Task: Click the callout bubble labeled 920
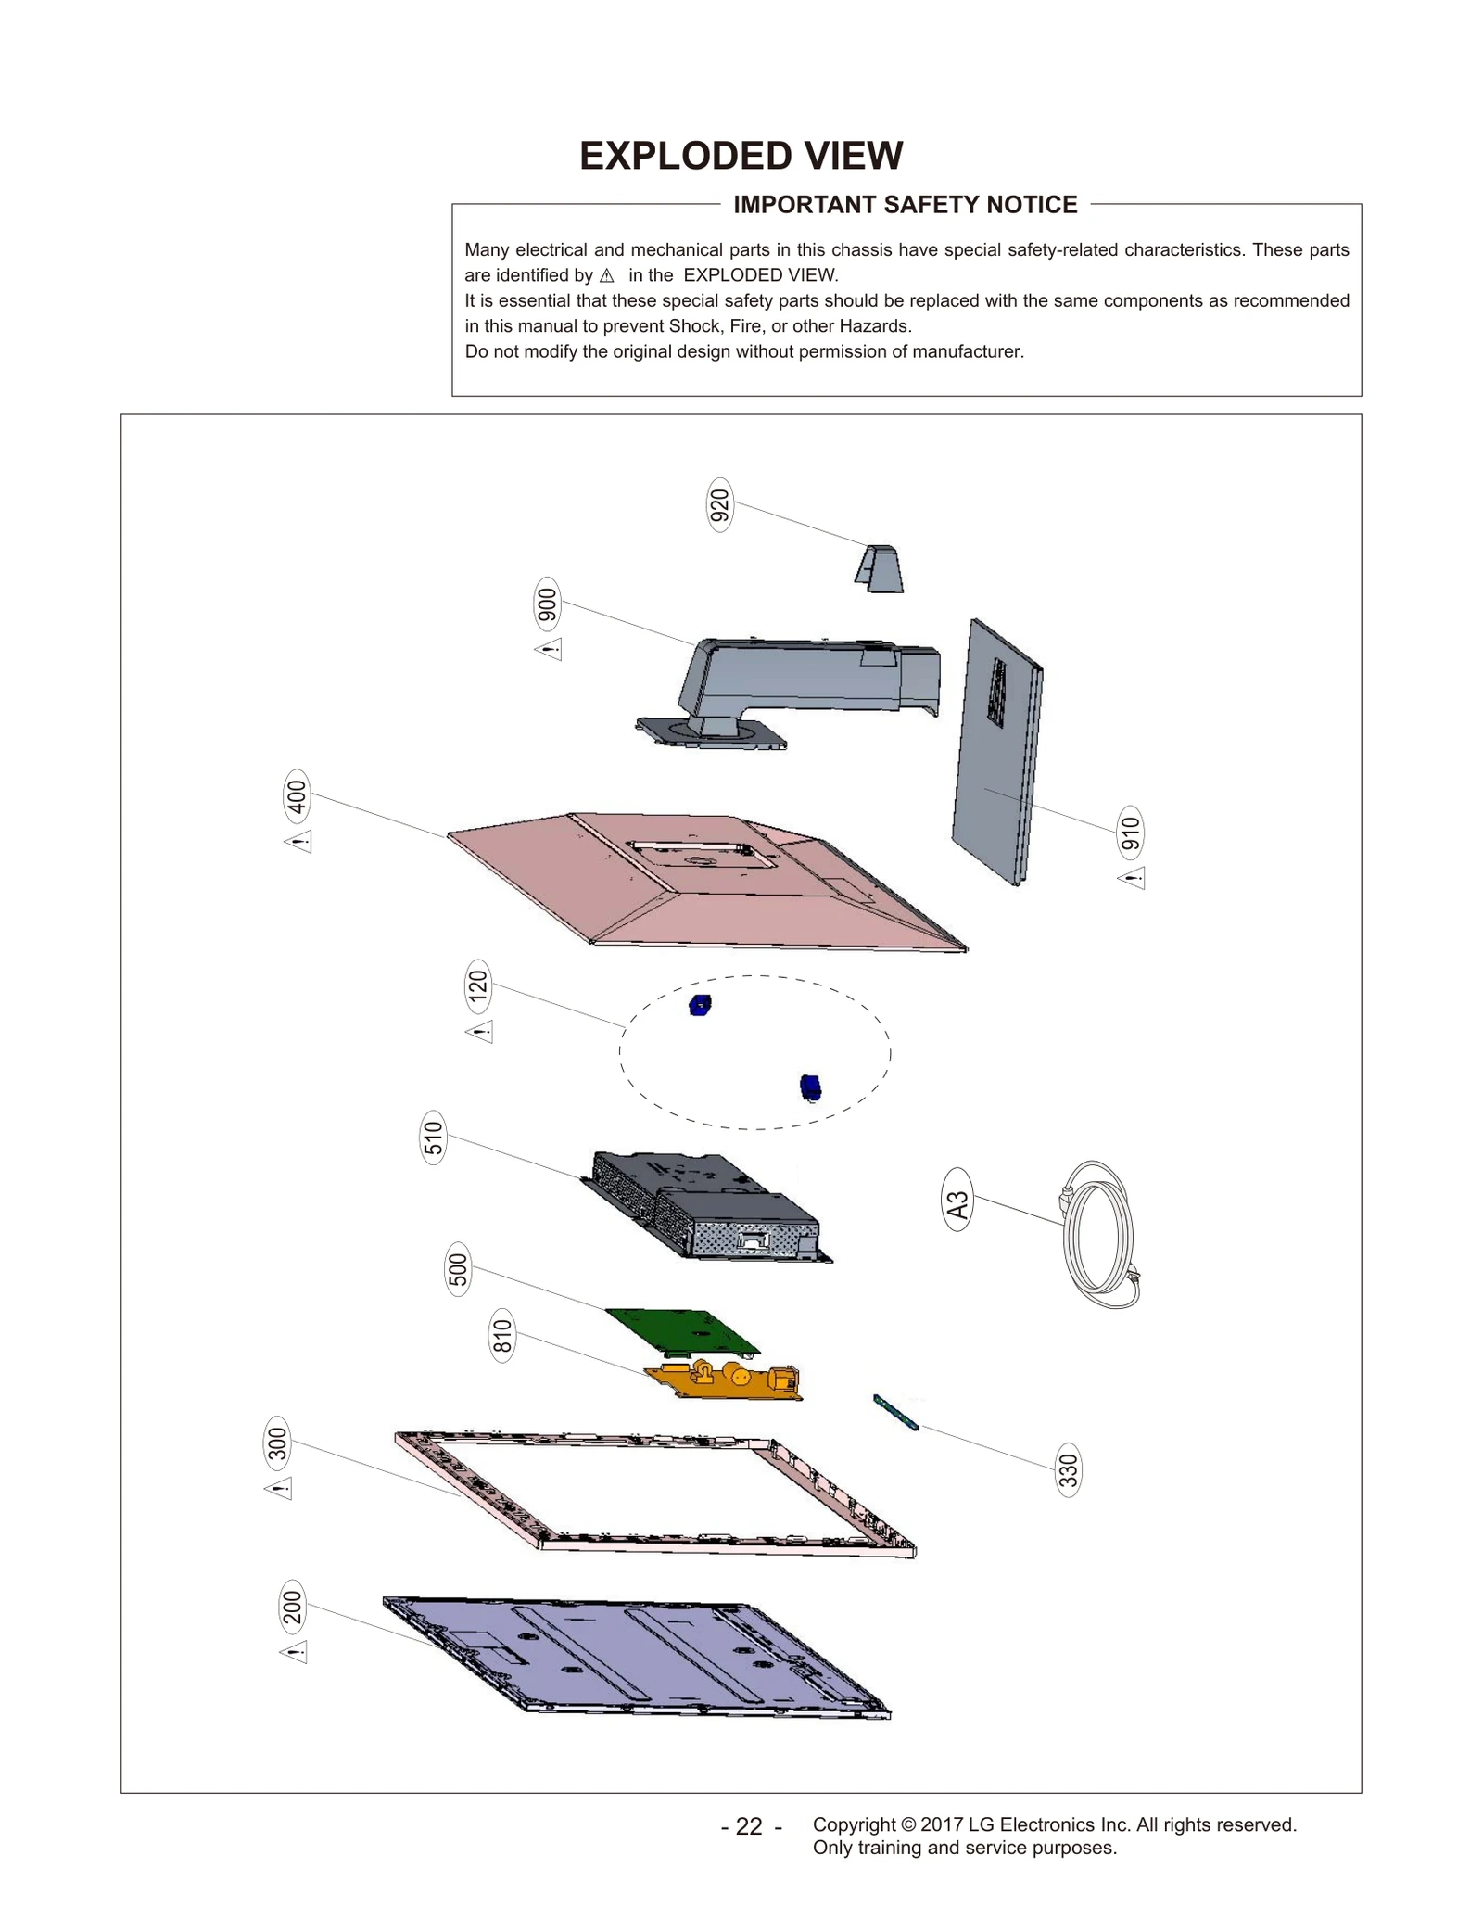719,505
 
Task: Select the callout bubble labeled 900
547,604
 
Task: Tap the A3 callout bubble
957,1204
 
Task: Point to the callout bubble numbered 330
1068,1470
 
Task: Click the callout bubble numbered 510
433,1138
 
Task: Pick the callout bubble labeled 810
501,1336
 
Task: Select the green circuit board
682,1330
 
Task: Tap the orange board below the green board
728,1379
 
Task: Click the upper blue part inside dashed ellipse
700,1005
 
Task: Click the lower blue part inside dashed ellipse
810,1087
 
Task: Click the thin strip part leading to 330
895,1412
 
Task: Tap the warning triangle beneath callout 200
294,1652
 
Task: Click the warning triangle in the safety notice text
606,275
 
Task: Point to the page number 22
749,1826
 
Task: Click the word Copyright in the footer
854,1824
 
